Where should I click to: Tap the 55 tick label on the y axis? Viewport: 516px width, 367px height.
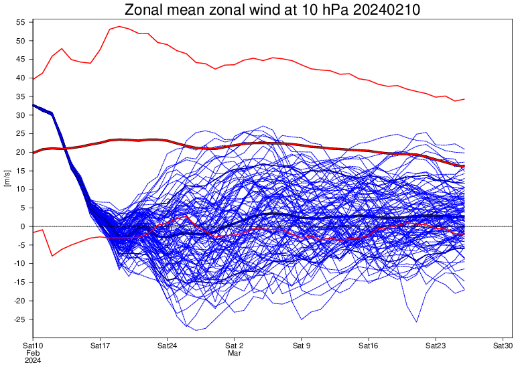[20, 22]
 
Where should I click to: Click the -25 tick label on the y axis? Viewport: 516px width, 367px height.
[19, 319]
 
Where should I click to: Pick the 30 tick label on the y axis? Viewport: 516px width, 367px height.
[20, 115]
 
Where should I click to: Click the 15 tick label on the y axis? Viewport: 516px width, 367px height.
[20, 171]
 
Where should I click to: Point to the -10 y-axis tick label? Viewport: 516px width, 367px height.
[19, 264]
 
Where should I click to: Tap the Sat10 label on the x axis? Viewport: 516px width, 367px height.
[33, 346]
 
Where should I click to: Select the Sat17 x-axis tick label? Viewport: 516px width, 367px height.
[100, 346]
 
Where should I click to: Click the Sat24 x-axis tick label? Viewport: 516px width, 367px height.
[167, 346]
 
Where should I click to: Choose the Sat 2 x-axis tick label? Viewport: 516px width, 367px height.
[235, 346]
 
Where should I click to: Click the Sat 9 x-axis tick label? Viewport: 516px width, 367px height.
[302, 346]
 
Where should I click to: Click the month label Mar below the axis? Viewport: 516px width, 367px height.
[234, 353]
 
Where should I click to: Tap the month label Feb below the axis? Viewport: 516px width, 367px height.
[33, 353]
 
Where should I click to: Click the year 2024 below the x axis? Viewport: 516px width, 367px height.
[33, 360]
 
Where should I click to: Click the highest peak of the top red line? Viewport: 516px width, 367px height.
[119, 27]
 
